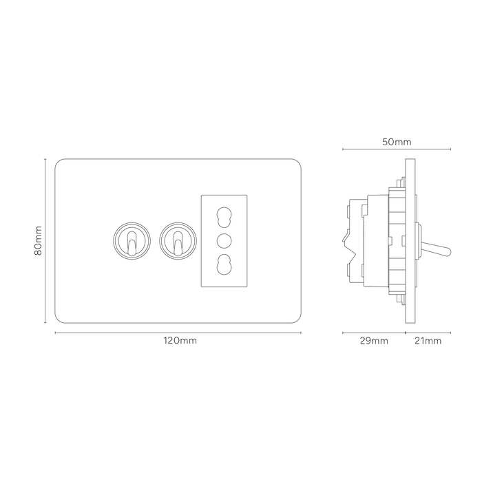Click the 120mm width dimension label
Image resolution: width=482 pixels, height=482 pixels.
point(180,341)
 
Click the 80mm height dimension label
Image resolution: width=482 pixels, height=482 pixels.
point(38,241)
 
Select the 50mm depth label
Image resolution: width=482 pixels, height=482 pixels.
point(397,142)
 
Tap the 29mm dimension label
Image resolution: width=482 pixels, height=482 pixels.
point(374,341)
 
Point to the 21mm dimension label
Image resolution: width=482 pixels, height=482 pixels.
point(428,341)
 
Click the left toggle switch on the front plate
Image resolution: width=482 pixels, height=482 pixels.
point(132,241)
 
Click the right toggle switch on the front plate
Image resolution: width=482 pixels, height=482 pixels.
point(178,241)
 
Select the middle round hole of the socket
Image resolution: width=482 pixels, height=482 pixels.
point(224,241)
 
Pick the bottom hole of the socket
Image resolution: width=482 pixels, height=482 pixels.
point(224,264)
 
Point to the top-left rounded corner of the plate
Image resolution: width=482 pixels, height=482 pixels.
point(59,163)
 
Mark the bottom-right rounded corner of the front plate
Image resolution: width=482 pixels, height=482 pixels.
point(297,319)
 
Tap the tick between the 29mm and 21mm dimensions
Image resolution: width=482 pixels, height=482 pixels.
point(405,333)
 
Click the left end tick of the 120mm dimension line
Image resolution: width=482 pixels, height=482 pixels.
point(55,333)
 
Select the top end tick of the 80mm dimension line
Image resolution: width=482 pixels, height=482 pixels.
point(45,159)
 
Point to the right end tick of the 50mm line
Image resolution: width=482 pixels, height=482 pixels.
point(450,149)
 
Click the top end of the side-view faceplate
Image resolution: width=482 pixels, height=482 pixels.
point(410,159)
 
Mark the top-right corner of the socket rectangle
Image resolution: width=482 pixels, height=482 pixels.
point(247,195)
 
